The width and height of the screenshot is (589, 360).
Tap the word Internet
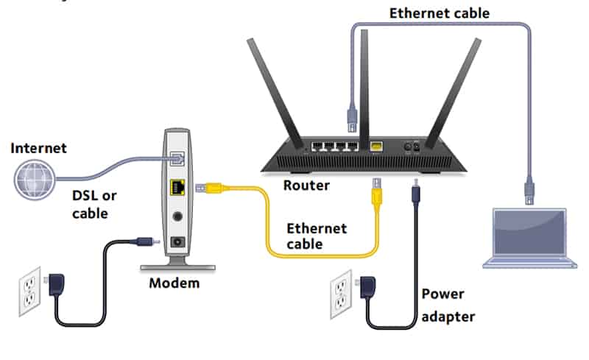click(38, 148)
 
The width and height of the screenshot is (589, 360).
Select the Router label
click(306, 185)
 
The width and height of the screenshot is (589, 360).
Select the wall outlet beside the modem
click(30, 291)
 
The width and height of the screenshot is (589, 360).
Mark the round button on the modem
click(177, 217)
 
